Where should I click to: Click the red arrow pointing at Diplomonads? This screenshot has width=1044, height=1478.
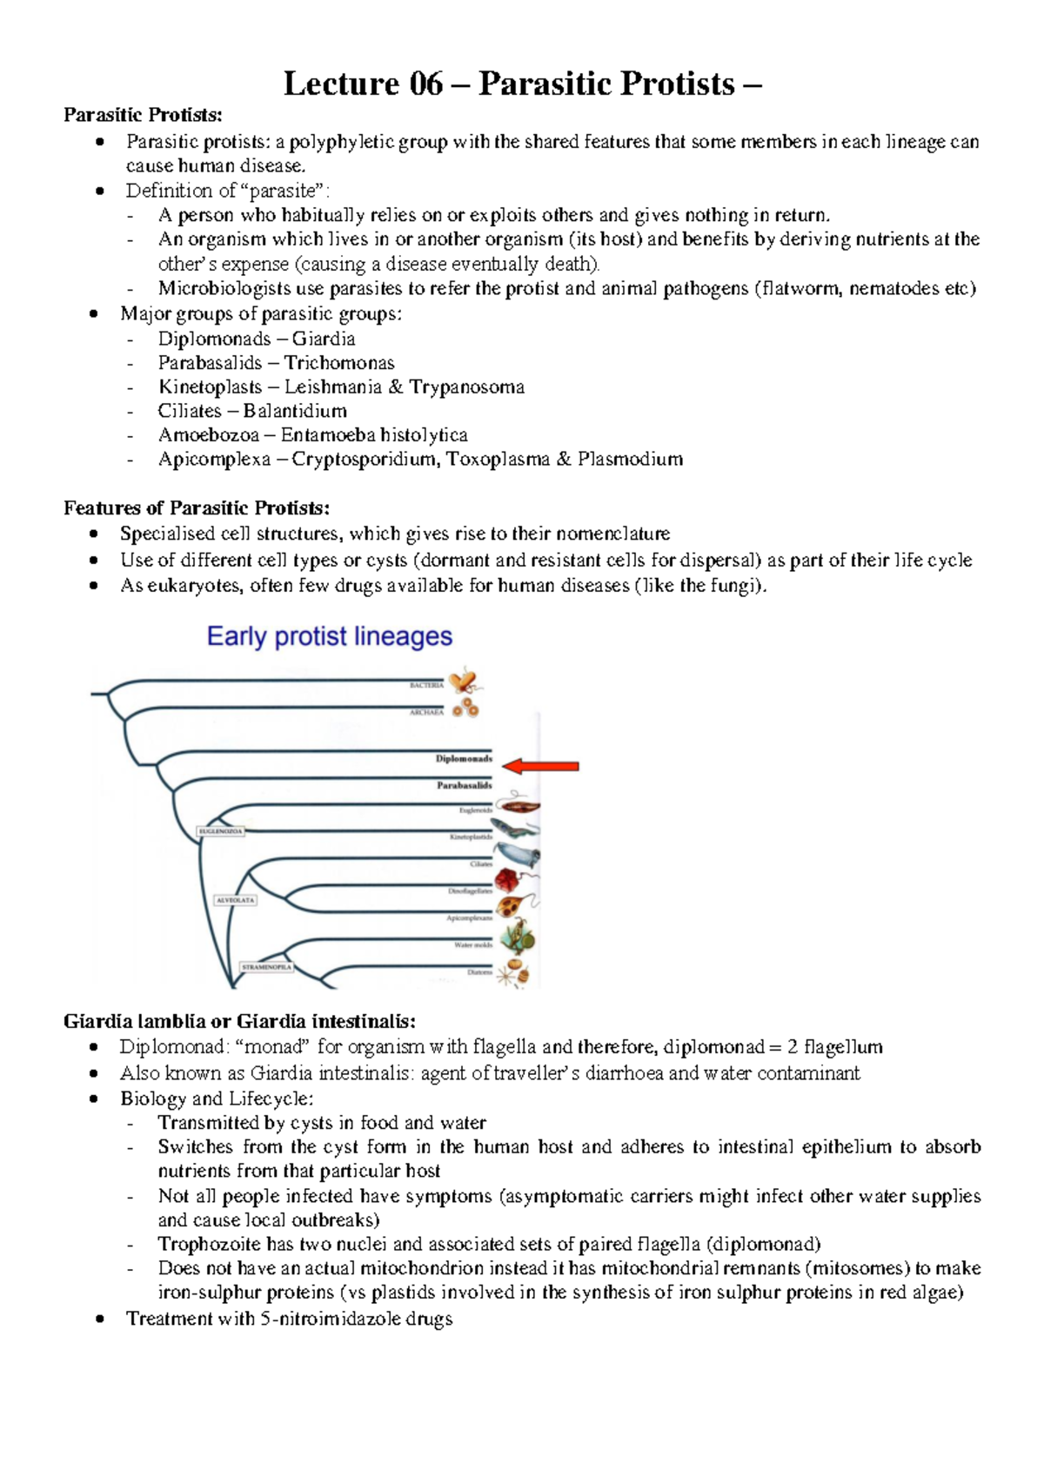click(x=541, y=766)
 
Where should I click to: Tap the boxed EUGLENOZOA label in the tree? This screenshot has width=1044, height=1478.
click(x=222, y=831)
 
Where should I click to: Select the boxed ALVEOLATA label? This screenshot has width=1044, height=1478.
click(x=235, y=900)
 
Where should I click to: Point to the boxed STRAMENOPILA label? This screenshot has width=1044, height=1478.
click(x=267, y=967)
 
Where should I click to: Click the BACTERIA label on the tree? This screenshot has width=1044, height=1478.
click(x=426, y=685)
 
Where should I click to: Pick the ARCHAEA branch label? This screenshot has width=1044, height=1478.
click(x=426, y=712)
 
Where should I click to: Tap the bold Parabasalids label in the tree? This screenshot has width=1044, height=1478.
click(x=464, y=785)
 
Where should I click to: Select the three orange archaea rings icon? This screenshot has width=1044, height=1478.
click(x=467, y=708)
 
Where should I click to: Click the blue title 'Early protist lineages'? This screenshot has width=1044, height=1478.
click(x=330, y=636)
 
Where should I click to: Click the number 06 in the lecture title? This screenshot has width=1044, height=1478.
click(x=425, y=84)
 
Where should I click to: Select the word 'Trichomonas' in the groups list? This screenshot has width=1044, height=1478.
click(x=339, y=363)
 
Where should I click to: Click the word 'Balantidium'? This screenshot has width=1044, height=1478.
click(x=295, y=411)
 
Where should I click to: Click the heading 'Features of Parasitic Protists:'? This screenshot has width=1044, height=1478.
click(x=197, y=508)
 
